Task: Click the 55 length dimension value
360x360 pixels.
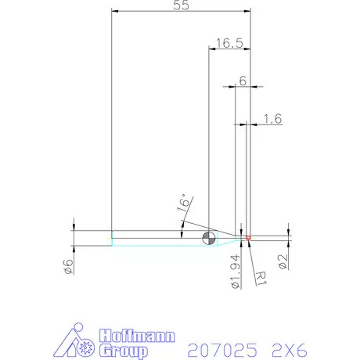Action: click(x=181, y=5)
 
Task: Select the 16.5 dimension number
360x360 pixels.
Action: click(x=229, y=44)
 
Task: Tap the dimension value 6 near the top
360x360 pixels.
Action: click(x=243, y=81)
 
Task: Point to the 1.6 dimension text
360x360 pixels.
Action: click(x=273, y=118)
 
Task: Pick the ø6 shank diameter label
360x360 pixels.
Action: click(x=68, y=266)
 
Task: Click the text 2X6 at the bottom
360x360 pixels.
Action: click(x=287, y=349)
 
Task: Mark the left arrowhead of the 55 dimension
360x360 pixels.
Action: click(x=114, y=12)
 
